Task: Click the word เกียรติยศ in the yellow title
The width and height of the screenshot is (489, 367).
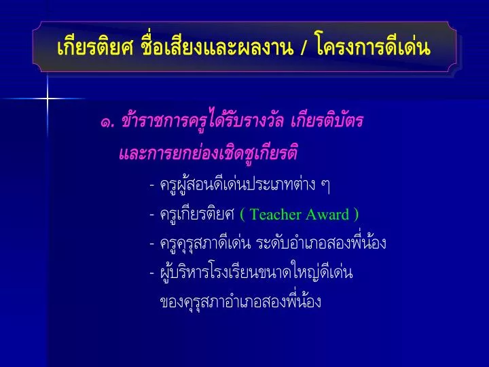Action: pyautogui.click(x=96, y=48)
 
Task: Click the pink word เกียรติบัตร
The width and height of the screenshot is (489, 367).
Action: pyautogui.click(x=327, y=120)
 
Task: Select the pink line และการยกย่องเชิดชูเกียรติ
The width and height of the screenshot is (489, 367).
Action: pyautogui.click(x=209, y=152)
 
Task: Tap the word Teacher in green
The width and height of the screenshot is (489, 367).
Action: pyautogui.click(x=275, y=214)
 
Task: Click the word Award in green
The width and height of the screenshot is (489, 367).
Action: pyautogui.click(x=327, y=214)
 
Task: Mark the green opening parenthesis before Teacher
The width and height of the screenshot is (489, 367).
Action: pyautogui.click(x=242, y=215)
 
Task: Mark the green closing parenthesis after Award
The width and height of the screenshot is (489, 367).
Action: pyautogui.click(x=356, y=215)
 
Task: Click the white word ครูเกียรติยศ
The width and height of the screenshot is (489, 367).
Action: pyautogui.click(x=197, y=214)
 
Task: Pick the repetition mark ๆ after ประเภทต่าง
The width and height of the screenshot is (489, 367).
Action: pyautogui.click(x=325, y=186)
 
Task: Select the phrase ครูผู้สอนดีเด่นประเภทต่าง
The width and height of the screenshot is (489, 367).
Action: pyautogui.click(x=238, y=184)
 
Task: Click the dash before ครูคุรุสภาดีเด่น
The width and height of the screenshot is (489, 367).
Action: pyautogui.click(x=152, y=244)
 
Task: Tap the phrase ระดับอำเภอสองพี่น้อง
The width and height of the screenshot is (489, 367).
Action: pyautogui.click(x=321, y=243)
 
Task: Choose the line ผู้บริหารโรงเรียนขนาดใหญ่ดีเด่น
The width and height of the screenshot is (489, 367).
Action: pyautogui.click(x=256, y=272)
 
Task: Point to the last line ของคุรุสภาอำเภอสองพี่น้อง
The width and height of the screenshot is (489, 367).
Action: pyautogui.click(x=240, y=300)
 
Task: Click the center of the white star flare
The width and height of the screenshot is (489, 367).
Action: pyautogui.click(x=48, y=99)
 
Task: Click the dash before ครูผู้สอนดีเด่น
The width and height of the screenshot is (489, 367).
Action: pyautogui.click(x=152, y=186)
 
